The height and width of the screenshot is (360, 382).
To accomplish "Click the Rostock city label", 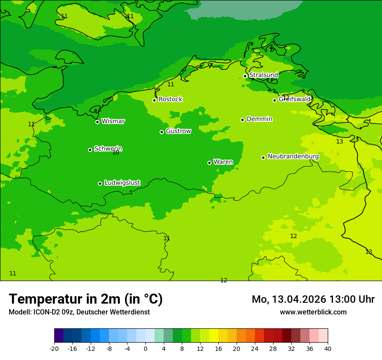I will (170, 99).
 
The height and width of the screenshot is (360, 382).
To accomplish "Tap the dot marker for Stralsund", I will (245, 76).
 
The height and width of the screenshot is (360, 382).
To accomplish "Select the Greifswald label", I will (295, 99).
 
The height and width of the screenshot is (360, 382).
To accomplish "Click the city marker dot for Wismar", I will (97, 122).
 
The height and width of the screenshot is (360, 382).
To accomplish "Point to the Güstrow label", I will (178, 131).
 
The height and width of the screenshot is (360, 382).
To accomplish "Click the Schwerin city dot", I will (90, 150).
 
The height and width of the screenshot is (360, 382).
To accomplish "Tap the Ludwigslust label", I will (122, 183).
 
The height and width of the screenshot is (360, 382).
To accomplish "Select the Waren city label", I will (223, 162).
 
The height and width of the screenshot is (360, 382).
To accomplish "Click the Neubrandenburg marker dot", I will (263, 157).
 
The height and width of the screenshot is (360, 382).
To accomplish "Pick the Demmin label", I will (259, 119).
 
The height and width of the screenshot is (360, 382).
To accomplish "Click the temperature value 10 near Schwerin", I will (115, 153).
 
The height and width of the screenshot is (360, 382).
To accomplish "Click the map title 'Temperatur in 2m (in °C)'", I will (86, 299).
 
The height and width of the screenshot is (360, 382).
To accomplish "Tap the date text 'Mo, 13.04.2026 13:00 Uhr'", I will (313, 299).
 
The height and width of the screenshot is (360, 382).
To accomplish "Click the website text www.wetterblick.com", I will (313, 312).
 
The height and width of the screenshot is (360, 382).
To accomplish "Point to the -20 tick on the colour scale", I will (54, 348).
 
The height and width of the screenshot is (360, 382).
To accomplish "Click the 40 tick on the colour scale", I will (327, 348).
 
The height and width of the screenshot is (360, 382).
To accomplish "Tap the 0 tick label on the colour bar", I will (145, 348).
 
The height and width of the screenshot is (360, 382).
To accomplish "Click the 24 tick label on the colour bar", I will (255, 348).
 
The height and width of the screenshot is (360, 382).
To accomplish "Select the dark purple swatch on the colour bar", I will (59, 336).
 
